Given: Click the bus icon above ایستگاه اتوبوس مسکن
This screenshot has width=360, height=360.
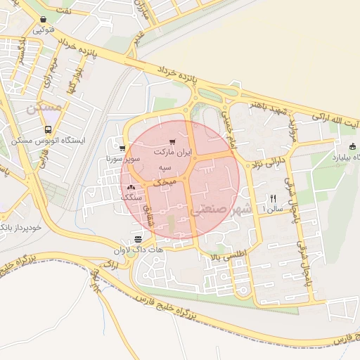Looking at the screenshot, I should [x=48, y=129].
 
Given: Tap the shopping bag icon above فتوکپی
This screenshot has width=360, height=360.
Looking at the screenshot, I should [x=44, y=20].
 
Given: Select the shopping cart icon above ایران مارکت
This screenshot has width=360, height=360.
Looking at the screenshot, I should [x=173, y=142].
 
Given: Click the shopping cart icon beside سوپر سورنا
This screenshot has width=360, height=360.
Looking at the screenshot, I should [x=122, y=148].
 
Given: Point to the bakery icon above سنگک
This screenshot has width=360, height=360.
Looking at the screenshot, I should [x=131, y=188].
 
